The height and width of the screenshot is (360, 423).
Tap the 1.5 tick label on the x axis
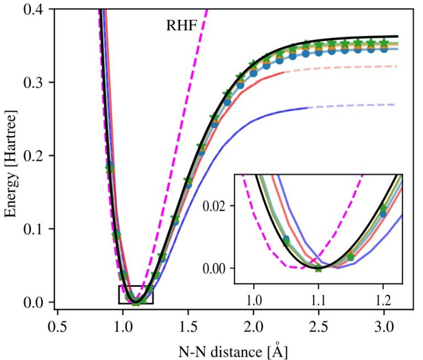tap(188, 324)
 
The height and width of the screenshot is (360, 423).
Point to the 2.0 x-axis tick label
tap(253, 324)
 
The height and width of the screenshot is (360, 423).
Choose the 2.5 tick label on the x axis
tap(318, 324)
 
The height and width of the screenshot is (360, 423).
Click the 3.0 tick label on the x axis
tap(384, 324)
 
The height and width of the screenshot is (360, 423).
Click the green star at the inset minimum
tap(318, 268)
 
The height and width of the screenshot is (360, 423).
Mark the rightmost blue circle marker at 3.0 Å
tap(384, 48)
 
